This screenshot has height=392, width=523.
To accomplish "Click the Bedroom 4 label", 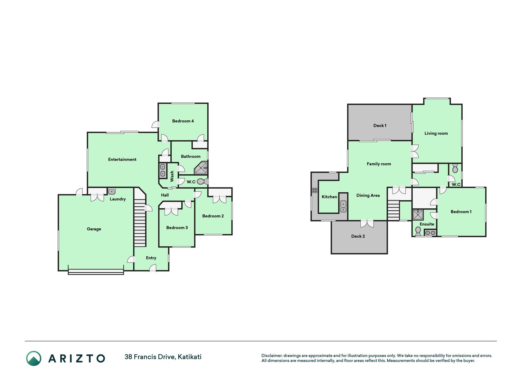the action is click(x=183, y=121).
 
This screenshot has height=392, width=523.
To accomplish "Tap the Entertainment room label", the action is click(x=122, y=159).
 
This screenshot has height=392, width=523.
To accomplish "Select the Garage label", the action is click(x=94, y=229).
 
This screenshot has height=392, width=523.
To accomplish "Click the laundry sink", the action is click(x=112, y=192).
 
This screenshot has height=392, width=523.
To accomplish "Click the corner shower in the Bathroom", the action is click(x=201, y=168).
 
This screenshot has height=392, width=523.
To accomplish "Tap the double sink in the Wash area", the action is click(x=163, y=171).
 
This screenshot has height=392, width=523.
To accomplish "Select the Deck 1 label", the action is click(x=380, y=126).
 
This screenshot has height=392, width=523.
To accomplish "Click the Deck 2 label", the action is click(x=358, y=236).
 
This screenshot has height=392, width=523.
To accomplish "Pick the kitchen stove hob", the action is click(x=315, y=190).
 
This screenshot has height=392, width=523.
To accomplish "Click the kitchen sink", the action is click(x=343, y=206).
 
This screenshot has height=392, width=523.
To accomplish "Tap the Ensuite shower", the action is click(x=418, y=215).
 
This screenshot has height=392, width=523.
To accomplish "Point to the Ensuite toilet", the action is click(x=418, y=231).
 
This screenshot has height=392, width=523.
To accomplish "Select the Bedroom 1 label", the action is click(x=461, y=212).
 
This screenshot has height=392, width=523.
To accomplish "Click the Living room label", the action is click(x=436, y=133).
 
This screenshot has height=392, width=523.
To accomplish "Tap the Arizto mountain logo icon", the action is click(x=34, y=358).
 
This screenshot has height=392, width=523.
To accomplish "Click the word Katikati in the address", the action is click(x=190, y=357).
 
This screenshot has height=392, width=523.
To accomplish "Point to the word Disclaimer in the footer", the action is click(x=271, y=356).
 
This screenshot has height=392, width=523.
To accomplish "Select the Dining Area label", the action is click(x=368, y=195).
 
